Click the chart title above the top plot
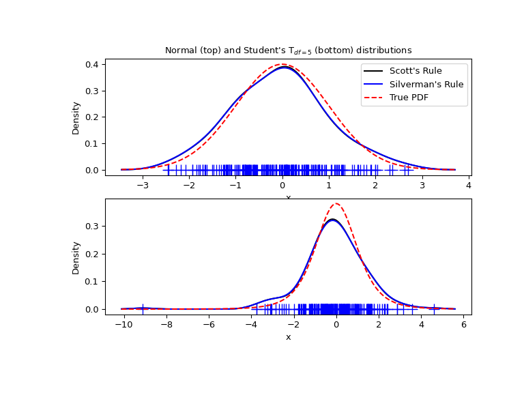[288, 50]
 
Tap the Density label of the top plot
[76, 117]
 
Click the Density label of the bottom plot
[76, 257]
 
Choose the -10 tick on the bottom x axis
[124, 325]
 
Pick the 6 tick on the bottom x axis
[463, 325]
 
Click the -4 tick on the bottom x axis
[251, 325]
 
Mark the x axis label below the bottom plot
[288, 337]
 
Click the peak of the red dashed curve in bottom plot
[336, 203]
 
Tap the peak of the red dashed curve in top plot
[282, 65]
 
